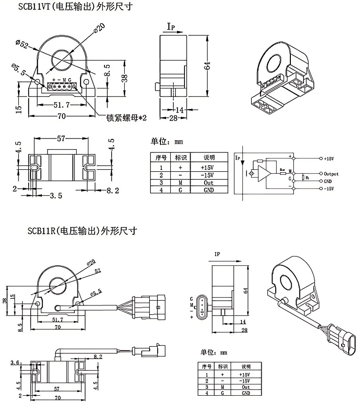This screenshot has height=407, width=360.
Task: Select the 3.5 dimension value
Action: [56, 195]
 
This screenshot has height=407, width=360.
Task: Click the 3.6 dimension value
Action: [14, 362]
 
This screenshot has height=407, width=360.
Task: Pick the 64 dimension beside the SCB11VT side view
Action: [207, 66]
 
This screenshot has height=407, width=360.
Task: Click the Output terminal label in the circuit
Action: [331, 174]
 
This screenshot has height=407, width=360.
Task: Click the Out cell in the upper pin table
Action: [208, 183]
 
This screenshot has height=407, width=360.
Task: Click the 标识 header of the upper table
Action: [181, 158]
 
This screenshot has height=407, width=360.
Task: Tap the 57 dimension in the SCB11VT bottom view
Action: [60, 139]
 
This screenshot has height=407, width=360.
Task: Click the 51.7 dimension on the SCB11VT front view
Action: [61, 105]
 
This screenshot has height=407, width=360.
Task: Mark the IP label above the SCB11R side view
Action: [217, 254]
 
